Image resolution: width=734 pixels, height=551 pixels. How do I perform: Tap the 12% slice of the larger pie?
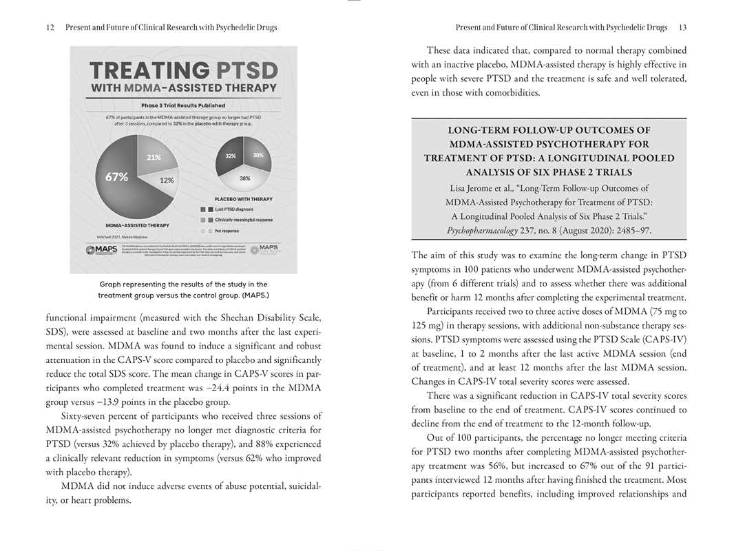[x=166, y=180]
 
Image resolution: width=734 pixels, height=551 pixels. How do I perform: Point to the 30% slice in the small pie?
[x=257, y=156]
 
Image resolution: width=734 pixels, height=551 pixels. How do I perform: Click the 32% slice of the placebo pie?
[x=231, y=156]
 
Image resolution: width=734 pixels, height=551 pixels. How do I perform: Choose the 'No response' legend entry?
[x=227, y=231]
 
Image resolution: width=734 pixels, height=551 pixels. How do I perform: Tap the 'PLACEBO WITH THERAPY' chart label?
[x=244, y=199]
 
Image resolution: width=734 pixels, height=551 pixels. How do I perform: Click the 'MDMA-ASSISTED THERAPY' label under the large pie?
[x=138, y=225]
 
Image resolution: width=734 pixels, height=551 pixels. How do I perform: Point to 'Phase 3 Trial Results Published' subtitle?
[x=183, y=105]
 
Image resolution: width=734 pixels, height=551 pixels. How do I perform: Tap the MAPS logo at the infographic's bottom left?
[x=102, y=249]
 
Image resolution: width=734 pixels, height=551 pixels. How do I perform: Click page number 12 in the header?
[x=50, y=28]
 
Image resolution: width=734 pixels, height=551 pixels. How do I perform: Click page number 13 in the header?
[x=682, y=28]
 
